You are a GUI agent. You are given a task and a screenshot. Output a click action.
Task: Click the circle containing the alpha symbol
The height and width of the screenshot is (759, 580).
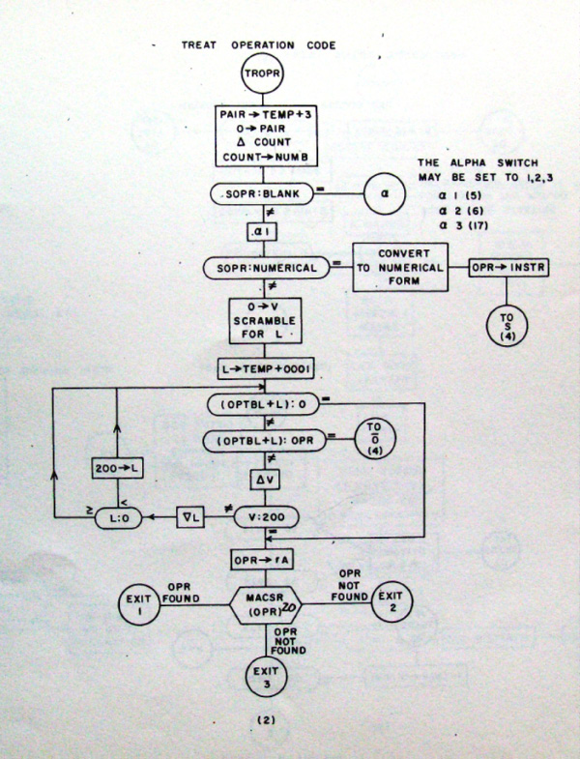coord(385,193)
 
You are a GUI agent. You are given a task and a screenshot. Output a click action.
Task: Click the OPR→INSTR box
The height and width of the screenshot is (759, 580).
coord(508,267)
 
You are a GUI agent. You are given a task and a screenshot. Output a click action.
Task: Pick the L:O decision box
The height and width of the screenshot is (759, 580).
coord(118,518)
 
